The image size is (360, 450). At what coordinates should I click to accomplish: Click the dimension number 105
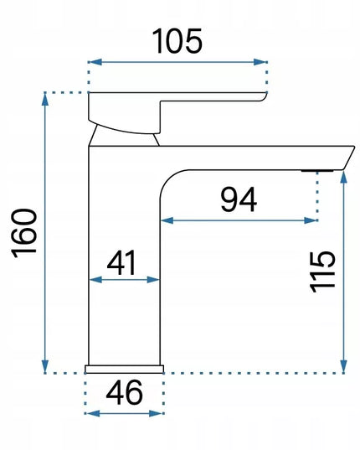(177, 41)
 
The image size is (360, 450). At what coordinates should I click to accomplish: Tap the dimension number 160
(24, 233)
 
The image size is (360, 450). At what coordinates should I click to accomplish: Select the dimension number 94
(239, 199)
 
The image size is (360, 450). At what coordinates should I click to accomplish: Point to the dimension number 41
(121, 262)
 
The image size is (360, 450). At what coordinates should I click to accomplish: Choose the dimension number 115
(322, 272)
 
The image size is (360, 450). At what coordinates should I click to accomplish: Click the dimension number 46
(124, 392)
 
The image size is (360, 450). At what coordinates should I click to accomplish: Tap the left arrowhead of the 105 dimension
(95, 62)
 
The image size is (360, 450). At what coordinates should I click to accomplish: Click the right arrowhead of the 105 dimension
(260, 62)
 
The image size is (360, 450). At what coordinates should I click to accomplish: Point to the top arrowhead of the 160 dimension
(45, 99)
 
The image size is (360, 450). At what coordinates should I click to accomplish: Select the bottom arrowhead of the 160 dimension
(45, 366)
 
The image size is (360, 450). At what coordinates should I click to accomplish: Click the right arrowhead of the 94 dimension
(311, 220)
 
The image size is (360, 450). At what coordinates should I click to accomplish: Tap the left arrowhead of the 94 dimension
(167, 220)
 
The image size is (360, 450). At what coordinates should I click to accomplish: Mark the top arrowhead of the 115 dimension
(344, 177)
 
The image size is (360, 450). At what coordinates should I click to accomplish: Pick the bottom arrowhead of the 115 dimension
(344, 366)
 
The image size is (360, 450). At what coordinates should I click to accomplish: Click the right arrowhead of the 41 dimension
(152, 280)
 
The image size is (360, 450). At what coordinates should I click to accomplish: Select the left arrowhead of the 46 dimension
(92, 414)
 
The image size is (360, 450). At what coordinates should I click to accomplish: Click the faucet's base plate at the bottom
(125, 369)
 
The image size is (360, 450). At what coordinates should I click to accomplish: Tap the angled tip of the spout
(349, 158)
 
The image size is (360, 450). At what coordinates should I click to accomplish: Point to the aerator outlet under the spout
(317, 171)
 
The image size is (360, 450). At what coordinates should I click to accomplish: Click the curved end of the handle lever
(265, 96)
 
